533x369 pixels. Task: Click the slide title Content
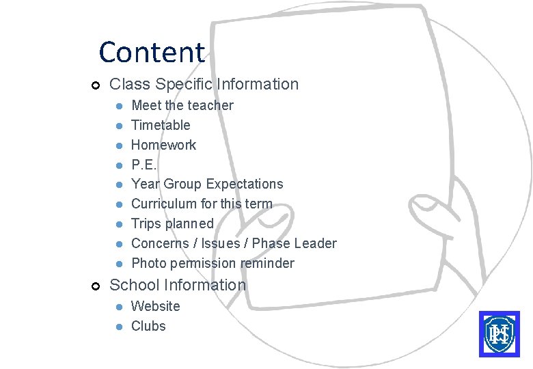pyautogui.click(x=151, y=52)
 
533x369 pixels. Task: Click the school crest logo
pyautogui.click(x=499, y=333)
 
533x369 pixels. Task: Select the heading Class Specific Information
pyautogui.click(x=204, y=84)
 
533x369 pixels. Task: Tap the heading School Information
pyautogui.click(x=178, y=285)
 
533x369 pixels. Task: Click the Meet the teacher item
pyautogui.click(x=182, y=105)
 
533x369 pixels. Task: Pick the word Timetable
pyautogui.click(x=161, y=125)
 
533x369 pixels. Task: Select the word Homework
pyautogui.click(x=163, y=145)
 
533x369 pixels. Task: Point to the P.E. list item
pyautogui.click(x=143, y=165)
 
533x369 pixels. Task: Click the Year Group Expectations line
pyautogui.click(x=206, y=184)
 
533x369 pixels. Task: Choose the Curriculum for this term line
pyautogui.click(x=202, y=204)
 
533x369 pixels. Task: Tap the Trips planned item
pyautogui.click(x=172, y=223)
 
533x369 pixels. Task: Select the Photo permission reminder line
pyautogui.click(x=213, y=263)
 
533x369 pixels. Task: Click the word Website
pyautogui.click(x=155, y=306)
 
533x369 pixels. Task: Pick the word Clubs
pyautogui.click(x=148, y=326)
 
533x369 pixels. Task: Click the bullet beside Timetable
pyautogui.click(x=118, y=126)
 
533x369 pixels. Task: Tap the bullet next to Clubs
pyautogui.click(x=118, y=327)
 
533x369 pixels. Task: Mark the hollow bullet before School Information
pyautogui.click(x=96, y=286)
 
